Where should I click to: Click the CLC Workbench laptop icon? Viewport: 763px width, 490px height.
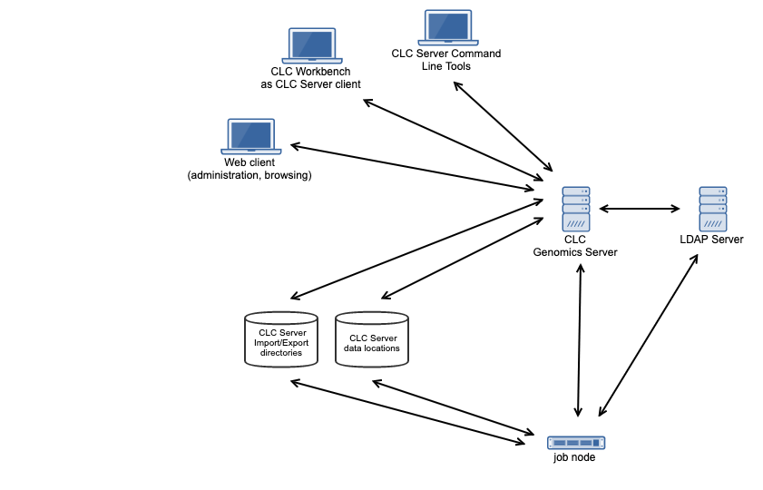(311, 45)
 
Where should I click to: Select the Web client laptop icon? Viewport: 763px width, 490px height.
(249, 136)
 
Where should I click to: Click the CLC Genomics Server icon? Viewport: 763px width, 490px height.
(575, 209)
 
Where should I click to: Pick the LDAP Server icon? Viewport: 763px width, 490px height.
(712, 209)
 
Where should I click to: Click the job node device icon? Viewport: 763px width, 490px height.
(576, 442)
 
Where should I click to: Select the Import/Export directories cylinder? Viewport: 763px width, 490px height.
(281, 339)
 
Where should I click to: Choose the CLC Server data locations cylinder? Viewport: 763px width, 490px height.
(372, 339)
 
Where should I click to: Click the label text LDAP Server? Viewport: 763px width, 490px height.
(711, 240)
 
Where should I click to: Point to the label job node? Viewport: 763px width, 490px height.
(575, 458)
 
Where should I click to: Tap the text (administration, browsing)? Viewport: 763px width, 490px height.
(249, 175)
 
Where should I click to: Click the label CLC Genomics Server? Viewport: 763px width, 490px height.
(574, 246)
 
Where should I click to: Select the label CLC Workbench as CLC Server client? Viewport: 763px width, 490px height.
(310, 78)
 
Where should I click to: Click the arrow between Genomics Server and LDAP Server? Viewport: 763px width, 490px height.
(640, 209)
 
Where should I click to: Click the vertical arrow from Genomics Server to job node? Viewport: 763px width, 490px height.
(578, 340)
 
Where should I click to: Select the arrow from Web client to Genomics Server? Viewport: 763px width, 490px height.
(412, 167)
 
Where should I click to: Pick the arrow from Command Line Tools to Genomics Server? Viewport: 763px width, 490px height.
(503, 126)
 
